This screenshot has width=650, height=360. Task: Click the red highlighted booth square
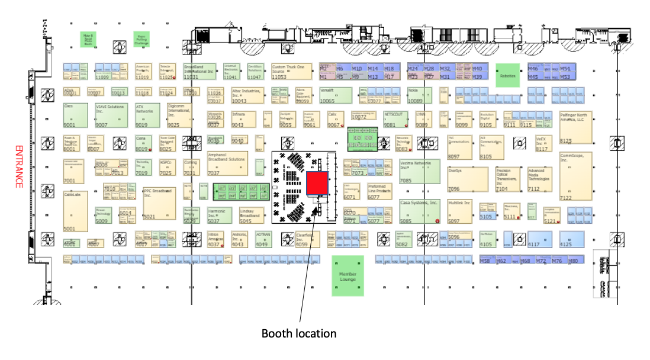click(x=318, y=184)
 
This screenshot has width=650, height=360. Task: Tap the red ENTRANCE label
click(x=18, y=166)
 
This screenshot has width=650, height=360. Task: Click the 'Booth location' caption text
click(x=299, y=333)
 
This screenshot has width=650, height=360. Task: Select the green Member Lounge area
click(x=347, y=275)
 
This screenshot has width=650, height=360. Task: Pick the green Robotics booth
click(x=507, y=75)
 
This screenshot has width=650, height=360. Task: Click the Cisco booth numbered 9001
click(x=75, y=115)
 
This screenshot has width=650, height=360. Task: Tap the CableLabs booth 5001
click(x=75, y=211)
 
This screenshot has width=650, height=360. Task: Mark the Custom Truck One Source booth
click(x=291, y=72)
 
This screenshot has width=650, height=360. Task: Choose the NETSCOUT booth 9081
click(x=397, y=118)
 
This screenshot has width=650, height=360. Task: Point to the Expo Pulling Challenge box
click(x=141, y=40)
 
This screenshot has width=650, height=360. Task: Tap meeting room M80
click(x=573, y=261)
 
